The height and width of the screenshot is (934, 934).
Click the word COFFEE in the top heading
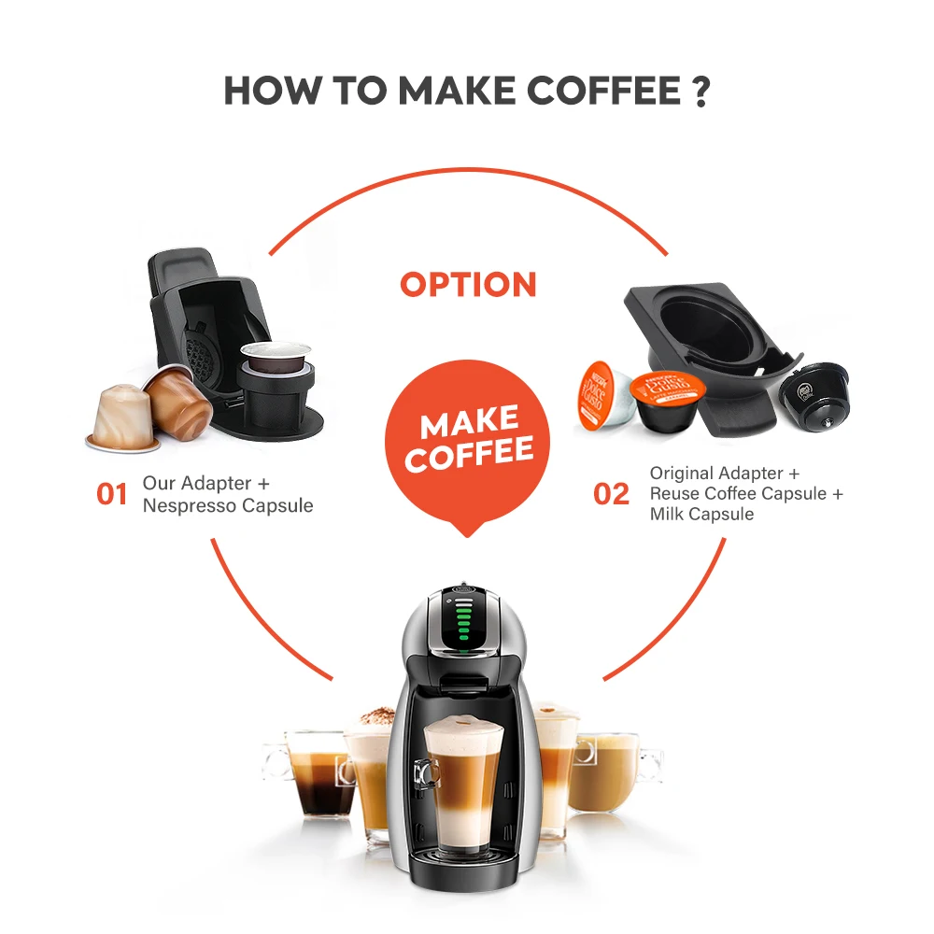click(602, 91)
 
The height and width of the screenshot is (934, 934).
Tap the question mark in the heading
click(701, 91)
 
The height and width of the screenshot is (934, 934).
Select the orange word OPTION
click(468, 285)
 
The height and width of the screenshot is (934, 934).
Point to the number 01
click(112, 494)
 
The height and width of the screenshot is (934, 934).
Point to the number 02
click(611, 494)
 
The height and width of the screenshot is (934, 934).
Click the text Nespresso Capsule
click(228, 505)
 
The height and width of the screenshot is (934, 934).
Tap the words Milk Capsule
click(701, 514)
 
